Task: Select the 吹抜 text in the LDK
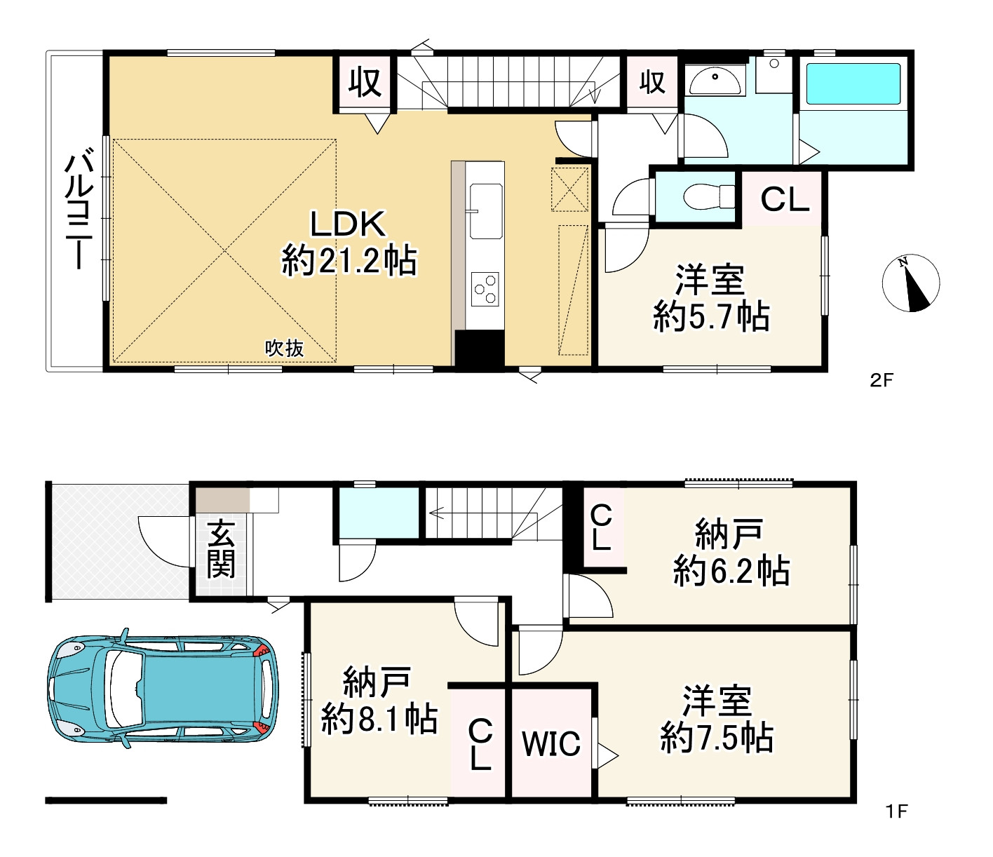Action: pos(285,349)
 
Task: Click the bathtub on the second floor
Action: pos(853,83)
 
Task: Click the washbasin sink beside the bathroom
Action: pos(715,81)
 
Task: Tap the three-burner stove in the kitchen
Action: pos(485,289)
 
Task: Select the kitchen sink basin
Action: pos(486,210)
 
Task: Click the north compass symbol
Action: pos(911,283)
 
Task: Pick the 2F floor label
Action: pos(881,381)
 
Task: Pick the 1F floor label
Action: pos(896,811)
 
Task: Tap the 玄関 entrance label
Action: pos(221,549)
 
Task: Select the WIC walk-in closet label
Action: pos(551,744)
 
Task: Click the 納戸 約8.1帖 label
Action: pos(379,701)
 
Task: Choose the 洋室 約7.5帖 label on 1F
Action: pos(717,719)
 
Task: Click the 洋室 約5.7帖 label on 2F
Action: pos(711,298)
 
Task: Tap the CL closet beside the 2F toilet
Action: pos(785,199)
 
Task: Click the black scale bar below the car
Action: pos(106,801)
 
